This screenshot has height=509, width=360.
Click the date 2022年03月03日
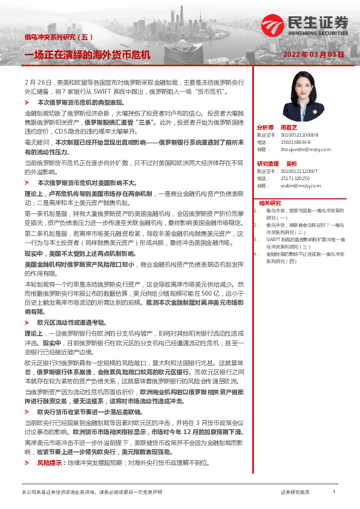(x=314, y=54)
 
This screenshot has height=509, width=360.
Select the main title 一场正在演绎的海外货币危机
(x=87, y=54)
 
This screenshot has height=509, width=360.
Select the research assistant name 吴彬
(x=291, y=164)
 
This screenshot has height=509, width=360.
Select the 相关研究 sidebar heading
(x=270, y=203)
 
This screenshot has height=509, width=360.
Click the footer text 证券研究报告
(x=295, y=492)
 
